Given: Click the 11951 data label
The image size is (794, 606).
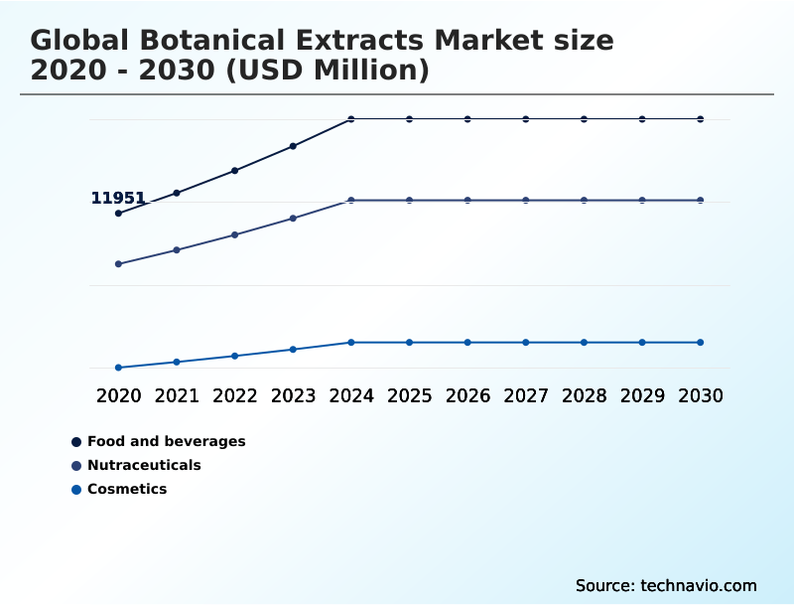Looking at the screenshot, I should (118, 198).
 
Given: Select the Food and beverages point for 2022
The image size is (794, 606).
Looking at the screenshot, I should (234, 171).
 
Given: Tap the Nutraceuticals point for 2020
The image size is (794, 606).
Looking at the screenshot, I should (118, 264).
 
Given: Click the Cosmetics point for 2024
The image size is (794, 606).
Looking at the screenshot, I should (351, 343).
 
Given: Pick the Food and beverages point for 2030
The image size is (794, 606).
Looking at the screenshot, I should (701, 119).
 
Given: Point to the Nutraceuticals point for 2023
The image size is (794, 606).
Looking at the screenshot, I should (293, 219).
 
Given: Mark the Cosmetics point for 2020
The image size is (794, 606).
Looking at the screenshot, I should (118, 368).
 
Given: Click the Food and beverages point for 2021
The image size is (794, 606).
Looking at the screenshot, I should (177, 193).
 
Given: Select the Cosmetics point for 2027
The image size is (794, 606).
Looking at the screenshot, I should (526, 343).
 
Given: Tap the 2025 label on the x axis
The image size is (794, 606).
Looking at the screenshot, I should (409, 395).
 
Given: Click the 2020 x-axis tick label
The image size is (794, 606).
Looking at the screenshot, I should (118, 395).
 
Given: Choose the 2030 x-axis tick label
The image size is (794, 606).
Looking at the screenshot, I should (701, 395).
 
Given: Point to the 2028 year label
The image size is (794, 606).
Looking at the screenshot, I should (584, 395).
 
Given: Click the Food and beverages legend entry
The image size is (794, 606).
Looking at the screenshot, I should (166, 441).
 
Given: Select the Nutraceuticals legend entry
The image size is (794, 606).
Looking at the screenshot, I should (144, 465).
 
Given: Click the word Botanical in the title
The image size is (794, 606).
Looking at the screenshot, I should (207, 41).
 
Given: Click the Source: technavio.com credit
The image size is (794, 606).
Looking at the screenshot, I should (666, 585).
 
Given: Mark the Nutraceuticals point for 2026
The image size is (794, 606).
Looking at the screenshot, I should (467, 201).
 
